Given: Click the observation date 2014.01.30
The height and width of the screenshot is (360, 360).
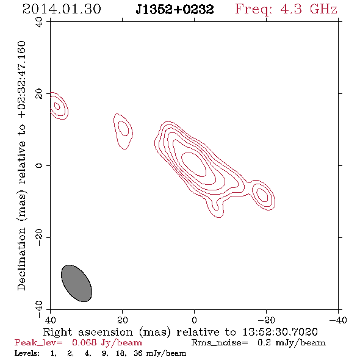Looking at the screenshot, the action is click(x=62, y=9).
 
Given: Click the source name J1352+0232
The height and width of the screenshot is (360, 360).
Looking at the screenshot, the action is click(x=175, y=9).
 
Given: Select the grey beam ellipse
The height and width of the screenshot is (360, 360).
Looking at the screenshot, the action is click(x=76, y=283).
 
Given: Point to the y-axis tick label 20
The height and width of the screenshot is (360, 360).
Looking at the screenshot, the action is click(x=39, y=94).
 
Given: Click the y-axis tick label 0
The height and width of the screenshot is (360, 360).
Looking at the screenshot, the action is click(x=39, y=165).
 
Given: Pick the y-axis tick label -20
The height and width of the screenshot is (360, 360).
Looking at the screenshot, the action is click(x=39, y=237).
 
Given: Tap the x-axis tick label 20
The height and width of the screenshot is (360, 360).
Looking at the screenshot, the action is click(x=123, y=320).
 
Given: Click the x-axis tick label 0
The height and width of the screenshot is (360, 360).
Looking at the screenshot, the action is click(x=194, y=320).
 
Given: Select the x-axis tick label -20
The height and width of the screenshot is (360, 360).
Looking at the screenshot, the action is click(x=266, y=320).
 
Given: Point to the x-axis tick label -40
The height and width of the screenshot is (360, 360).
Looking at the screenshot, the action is click(x=338, y=320).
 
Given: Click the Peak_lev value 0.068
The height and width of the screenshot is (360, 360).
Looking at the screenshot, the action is click(x=84, y=342).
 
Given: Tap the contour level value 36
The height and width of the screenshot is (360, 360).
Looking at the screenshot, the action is click(x=138, y=353).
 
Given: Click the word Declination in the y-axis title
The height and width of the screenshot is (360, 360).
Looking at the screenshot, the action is click(x=21, y=259).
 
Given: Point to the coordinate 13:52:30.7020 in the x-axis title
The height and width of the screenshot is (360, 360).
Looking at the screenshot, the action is click(x=280, y=332).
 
